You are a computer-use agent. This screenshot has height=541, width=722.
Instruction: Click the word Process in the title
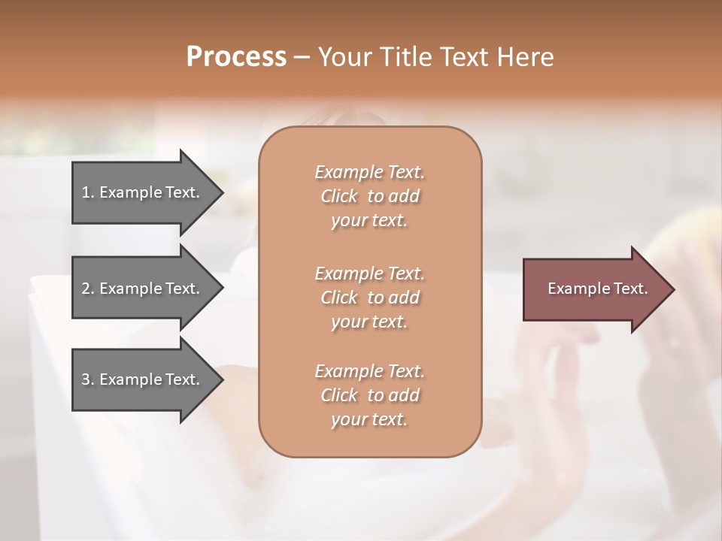point(236,57)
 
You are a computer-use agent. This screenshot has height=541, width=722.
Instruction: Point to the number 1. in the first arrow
point(88,192)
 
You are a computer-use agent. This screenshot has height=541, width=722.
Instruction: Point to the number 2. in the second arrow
point(88,289)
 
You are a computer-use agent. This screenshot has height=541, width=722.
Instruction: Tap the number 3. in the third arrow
point(88,379)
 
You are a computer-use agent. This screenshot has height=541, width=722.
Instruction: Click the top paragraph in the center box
point(369,196)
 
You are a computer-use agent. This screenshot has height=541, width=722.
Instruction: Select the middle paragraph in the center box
point(369,297)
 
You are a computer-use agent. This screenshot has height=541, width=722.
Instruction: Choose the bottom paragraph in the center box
point(369,395)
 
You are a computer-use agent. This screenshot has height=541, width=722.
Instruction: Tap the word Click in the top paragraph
point(338,196)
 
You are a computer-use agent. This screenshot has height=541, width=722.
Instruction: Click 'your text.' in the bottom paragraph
point(369,420)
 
